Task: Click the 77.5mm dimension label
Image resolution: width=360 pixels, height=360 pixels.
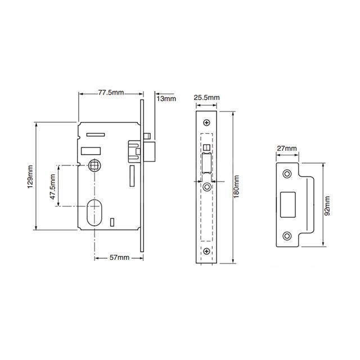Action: [x=110, y=92]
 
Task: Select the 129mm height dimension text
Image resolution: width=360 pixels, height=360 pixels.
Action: [x=31, y=175]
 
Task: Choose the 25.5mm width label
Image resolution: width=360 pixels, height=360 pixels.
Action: [x=206, y=98]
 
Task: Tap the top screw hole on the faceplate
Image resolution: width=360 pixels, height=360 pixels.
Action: [x=207, y=123]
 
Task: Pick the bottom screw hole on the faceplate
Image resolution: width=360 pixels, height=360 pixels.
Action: [x=207, y=251]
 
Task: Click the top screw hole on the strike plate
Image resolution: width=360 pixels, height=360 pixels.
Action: [x=287, y=173]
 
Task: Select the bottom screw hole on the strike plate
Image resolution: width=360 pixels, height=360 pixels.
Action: [x=287, y=236]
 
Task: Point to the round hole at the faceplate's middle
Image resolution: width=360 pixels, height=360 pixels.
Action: [x=207, y=186]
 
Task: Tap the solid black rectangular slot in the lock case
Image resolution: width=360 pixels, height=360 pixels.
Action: [x=92, y=150]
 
